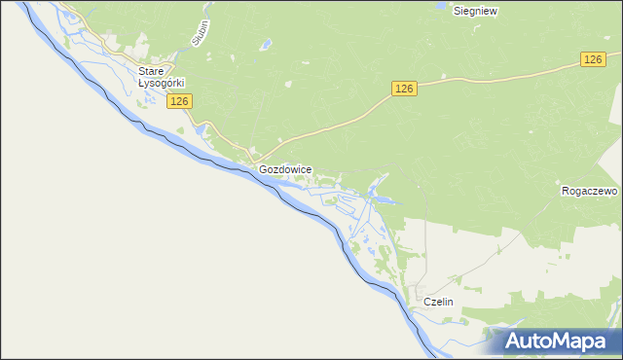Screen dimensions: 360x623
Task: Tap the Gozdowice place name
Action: tap(285, 169)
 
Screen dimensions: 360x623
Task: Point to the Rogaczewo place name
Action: tap(590, 191)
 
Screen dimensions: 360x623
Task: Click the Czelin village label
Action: tap(439, 303)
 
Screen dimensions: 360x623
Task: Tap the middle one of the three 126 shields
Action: tap(406, 89)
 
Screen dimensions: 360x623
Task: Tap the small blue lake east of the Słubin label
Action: tap(265, 44)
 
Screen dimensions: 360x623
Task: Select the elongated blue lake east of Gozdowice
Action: tap(384, 201)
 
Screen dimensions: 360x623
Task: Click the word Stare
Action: tap(151, 71)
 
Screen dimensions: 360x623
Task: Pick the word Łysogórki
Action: tap(162, 84)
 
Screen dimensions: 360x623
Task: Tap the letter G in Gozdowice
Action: tap(264, 169)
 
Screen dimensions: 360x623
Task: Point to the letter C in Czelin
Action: tap(427, 303)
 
